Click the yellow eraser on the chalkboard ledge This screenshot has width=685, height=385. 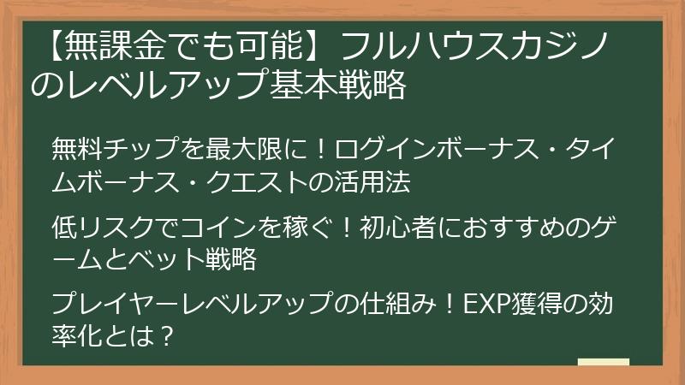pos(603,363)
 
